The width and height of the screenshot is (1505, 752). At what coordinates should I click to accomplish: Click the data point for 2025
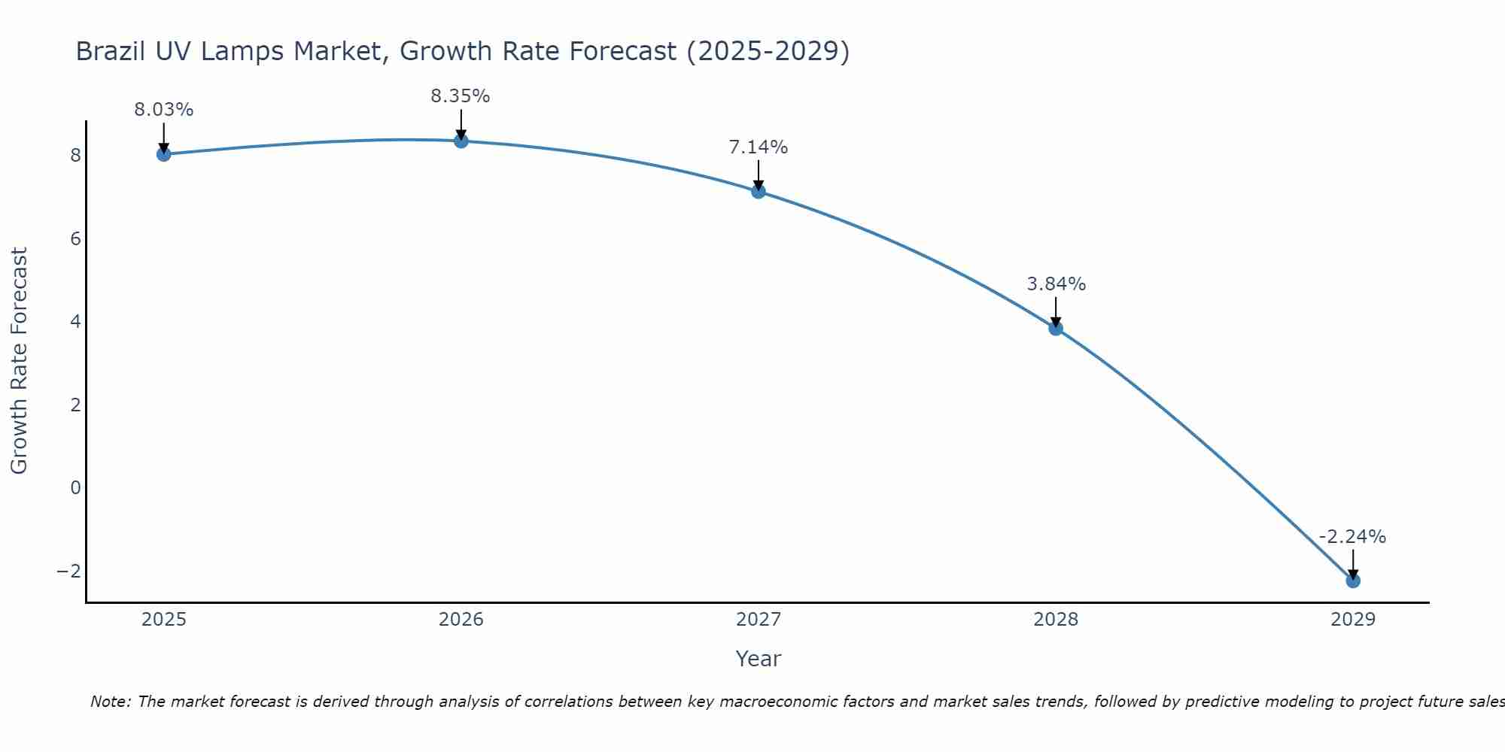[164, 154]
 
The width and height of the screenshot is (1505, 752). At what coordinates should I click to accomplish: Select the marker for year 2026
[461, 141]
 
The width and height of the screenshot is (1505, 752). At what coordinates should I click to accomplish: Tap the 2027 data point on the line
[759, 191]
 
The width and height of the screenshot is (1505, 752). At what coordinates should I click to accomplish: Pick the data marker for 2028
[1056, 328]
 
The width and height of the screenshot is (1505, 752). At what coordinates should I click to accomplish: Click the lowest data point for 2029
[1353, 581]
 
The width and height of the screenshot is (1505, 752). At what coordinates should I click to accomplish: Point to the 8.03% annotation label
[164, 110]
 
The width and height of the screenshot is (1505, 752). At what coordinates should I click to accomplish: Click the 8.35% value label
[461, 96]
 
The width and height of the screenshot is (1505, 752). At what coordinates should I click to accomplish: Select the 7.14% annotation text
[759, 147]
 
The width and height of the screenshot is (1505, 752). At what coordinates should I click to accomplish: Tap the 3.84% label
[1057, 284]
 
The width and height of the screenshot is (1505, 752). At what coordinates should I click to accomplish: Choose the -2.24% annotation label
[1352, 537]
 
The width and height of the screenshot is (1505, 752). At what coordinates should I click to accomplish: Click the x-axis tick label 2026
[461, 620]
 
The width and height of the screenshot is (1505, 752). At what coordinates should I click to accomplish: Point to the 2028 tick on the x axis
[1056, 620]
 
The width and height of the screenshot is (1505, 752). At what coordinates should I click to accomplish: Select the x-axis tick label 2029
[1353, 620]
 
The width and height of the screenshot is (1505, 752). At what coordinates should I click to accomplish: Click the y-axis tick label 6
[75, 239]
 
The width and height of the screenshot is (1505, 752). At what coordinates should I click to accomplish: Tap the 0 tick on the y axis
[75, 487]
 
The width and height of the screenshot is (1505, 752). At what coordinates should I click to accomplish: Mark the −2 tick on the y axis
[68, 571]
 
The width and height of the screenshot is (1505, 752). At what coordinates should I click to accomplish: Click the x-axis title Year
[759, 659]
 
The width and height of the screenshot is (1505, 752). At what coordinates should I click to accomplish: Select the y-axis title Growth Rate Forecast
[20, 361]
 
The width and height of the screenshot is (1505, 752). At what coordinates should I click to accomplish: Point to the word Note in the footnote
[110, 702]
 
